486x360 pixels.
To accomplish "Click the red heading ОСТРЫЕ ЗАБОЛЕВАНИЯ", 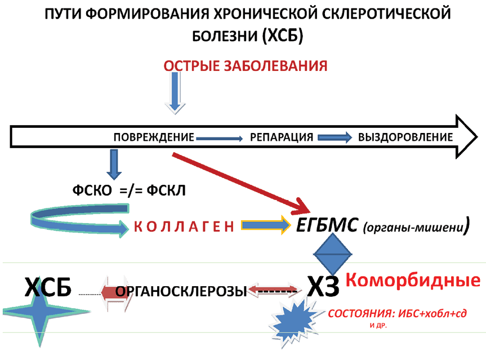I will click(x=246, y=65).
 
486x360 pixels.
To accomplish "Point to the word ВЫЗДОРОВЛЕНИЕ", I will click(x=405, y=137).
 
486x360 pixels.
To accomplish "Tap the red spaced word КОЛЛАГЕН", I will click(x=183, y=226).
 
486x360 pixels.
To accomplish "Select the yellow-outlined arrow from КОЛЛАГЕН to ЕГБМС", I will click(x=264, y=225).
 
